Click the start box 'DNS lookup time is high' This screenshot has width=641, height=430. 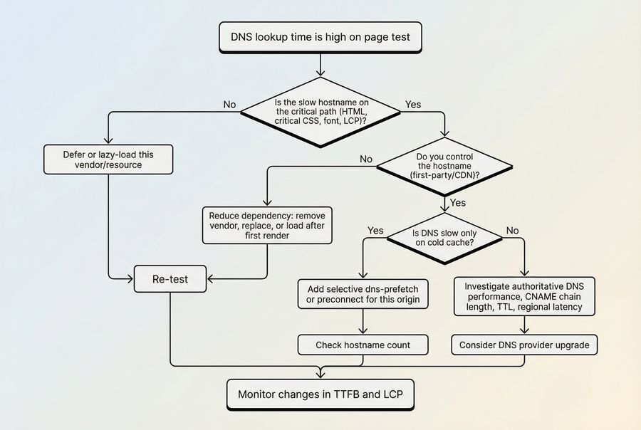coord(320,36)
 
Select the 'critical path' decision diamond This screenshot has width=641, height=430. coord(320,112)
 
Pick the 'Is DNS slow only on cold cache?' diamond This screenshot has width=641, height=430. coord(444,238)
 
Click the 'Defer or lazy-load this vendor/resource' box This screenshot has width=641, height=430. coord(108,159)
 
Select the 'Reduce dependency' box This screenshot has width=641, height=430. coord(267,225)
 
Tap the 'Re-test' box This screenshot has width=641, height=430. coord(170,279)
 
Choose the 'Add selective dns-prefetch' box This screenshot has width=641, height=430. coord(363,294)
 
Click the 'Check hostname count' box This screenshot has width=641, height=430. coord(363,345)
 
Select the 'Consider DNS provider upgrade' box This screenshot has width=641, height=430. coord(524,345)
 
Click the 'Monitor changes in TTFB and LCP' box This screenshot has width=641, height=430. coord(320,394)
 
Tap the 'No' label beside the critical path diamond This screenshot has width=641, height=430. coord(229,105)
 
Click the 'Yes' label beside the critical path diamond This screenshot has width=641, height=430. coord(413,105)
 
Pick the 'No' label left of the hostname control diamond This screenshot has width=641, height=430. coord(366,159)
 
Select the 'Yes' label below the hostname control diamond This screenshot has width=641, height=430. coord(458,203)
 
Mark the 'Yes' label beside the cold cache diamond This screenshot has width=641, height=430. coord(375,231)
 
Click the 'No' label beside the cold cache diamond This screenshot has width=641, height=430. coord(512,231)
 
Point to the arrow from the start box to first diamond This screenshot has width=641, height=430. coord(320,64)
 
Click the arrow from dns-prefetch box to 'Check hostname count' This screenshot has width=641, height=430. coord(363,322)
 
